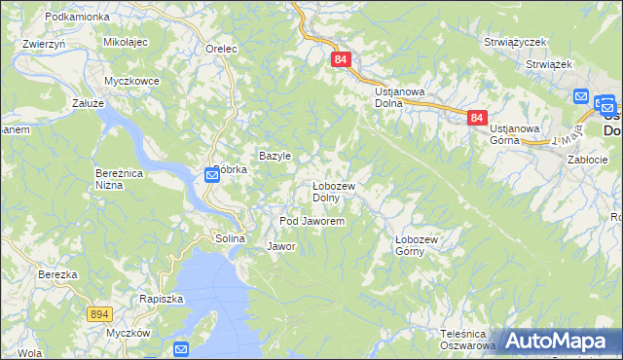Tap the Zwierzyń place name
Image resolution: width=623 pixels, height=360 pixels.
tap(44, 44)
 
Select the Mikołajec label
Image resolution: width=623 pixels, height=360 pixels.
tap(125, 44)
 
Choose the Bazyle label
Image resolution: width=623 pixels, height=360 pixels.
tap(275, 156)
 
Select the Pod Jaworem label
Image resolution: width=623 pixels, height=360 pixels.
tap(312, 222)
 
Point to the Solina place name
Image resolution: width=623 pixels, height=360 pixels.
tap(229, 238)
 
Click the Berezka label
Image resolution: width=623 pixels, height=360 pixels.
tap(57, 274)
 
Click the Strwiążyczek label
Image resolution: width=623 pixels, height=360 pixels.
tap(516, 43)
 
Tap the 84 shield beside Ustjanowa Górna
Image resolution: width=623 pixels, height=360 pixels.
tap(476, 118)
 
